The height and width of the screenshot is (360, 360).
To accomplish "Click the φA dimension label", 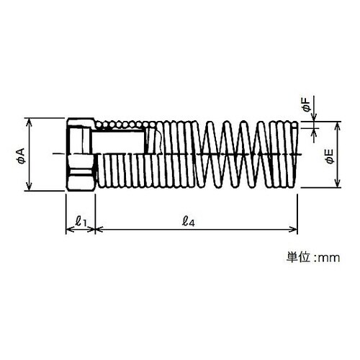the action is pyautogui.click(x=21, y=156).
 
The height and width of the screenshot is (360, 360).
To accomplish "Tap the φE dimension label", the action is pyautogui.click(x=330, y=156).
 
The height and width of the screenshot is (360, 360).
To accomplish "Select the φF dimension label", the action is pyautogui.click(x=307, y=105).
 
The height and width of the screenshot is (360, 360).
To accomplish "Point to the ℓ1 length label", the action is pyautogui.click(x=81, y=221).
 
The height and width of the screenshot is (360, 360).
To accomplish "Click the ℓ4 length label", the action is pyautogui.click(x=188, y=221).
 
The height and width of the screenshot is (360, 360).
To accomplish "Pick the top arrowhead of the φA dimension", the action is pyautogui.click(x=29, y=122).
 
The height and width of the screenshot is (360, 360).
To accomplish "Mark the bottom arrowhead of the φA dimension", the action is pyautogui.click(x=29, y=186).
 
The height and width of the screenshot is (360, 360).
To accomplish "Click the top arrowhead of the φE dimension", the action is pyautogui.click(x=338, y=125).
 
